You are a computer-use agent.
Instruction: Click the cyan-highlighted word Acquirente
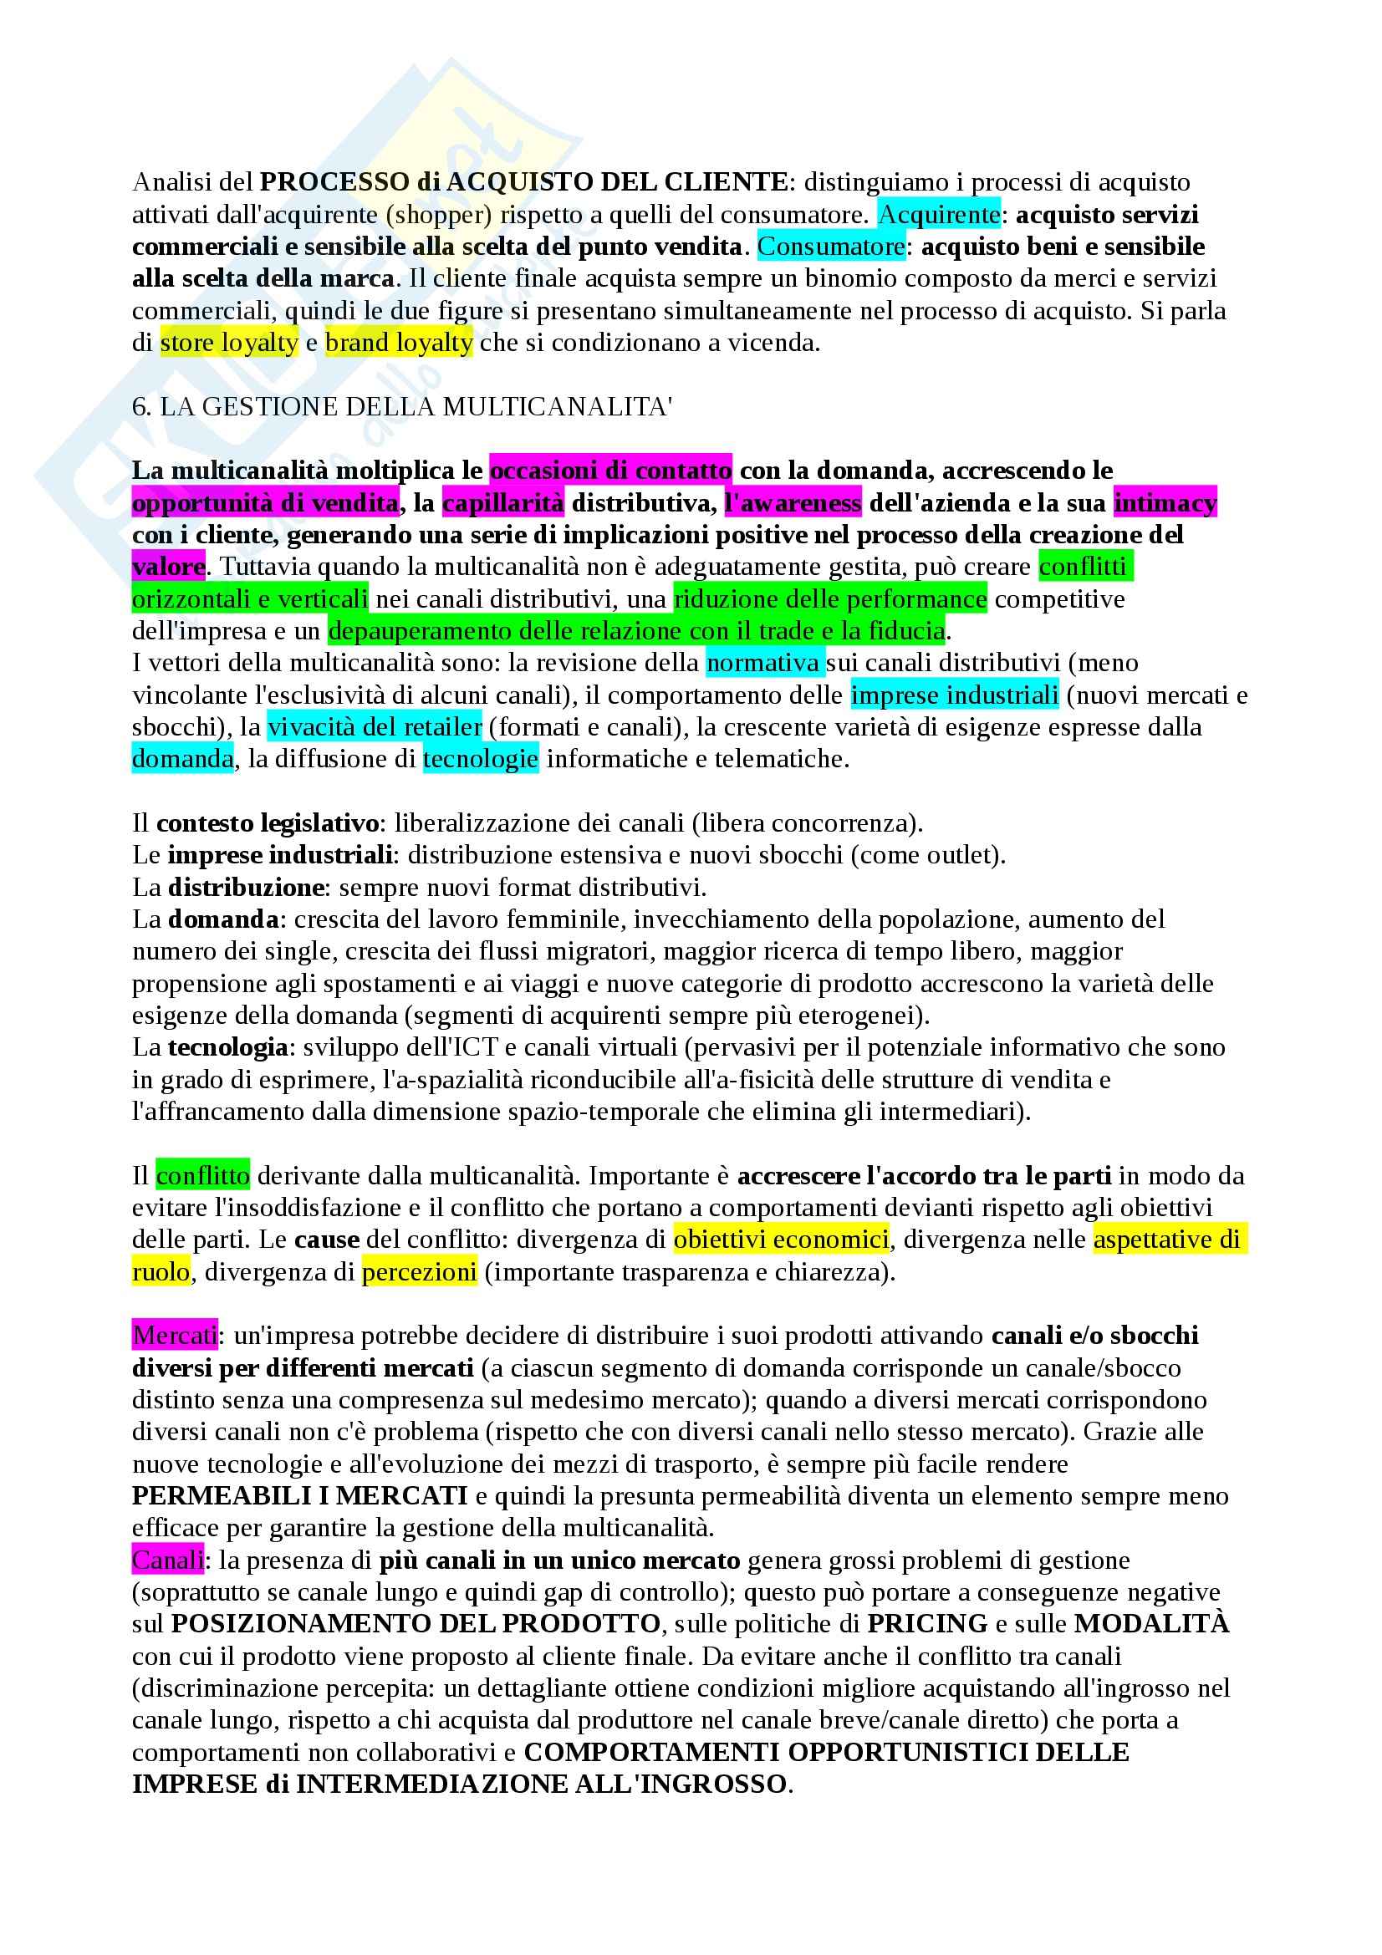[x=939, y=215]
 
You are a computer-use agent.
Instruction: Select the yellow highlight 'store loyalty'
[x=229, y=344]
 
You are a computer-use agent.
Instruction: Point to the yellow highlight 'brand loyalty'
[x=399, y=344]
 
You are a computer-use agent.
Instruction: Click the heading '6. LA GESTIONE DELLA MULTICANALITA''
[x=402, y=407]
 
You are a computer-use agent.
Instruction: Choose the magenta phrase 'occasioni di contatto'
[x=610, y=470]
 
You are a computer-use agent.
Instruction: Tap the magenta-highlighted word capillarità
[x=503, y=503]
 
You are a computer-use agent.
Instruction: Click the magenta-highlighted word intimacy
[x=1165, y=503]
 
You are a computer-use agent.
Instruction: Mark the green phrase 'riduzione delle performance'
[x=830, y=599]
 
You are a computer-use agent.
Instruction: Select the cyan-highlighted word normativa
[x=764, y=663]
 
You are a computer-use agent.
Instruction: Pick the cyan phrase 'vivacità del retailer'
[x=375, y=726]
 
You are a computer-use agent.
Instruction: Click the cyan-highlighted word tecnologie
[x=480, y=759]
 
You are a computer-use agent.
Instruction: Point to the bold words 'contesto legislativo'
[x=268, y=823]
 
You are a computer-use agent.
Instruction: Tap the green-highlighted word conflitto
[x=202, y=1176]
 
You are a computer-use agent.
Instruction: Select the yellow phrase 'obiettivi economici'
[x=781, y=1240]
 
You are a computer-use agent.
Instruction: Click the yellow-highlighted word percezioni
[x=419, y=1272]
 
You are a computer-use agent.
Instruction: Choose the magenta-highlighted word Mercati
[x=175, y=1335]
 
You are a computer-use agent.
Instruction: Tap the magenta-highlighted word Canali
[x=168, y=1560]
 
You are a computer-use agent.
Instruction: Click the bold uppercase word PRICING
[x=927, y=1624]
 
